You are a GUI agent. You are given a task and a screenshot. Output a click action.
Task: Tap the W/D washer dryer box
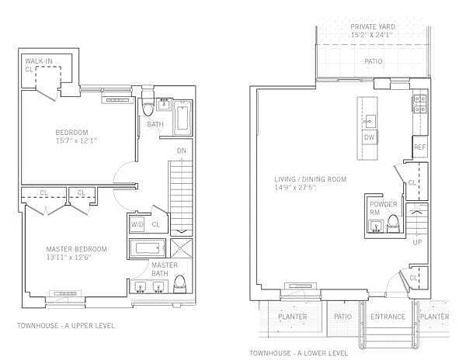137,224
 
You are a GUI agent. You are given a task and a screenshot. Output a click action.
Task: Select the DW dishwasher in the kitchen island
370,137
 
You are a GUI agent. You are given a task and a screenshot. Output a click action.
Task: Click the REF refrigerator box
420,147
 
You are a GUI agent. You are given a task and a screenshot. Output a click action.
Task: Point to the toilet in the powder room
393,223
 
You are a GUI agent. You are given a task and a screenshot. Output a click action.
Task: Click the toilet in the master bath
179,284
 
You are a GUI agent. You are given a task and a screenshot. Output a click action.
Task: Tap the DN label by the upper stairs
182,151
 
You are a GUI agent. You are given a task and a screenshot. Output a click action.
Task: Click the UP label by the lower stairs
417,242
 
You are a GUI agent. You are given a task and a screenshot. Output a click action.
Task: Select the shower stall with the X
181,247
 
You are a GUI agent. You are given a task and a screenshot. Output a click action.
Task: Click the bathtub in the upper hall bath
183,118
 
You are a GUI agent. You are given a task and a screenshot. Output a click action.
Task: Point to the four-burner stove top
420,104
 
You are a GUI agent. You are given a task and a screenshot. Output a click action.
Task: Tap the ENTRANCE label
388,317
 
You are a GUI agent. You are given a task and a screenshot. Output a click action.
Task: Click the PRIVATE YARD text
373,26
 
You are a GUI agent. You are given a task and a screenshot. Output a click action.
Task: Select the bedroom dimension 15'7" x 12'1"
76,140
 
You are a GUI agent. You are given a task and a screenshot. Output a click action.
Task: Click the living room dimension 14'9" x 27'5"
295,188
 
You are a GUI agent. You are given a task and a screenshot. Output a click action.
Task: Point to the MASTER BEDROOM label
76,249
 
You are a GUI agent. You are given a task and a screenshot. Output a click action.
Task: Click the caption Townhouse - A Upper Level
66,326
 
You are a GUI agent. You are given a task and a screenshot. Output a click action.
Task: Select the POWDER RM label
383,208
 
